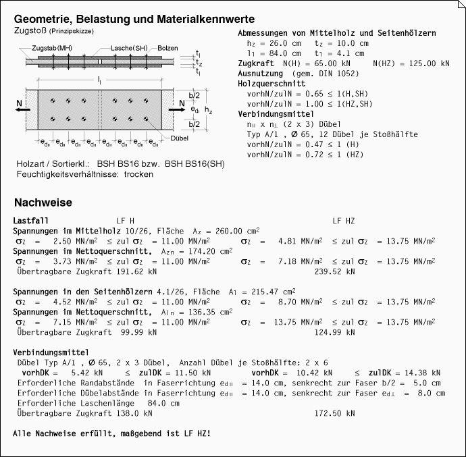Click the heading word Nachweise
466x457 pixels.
[x=43, y=203]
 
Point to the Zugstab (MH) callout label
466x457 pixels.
[x=52, y=49]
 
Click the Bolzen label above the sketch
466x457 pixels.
[x=168, y=49]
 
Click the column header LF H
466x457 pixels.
[x=126, y=221]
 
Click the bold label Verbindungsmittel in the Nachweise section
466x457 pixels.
[x=51, y=352]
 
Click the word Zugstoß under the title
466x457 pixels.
[x=30, y=31]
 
